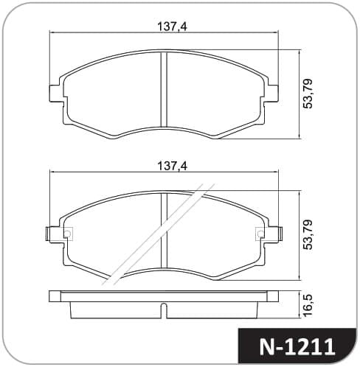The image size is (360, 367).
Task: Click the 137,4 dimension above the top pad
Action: tap(172, 27)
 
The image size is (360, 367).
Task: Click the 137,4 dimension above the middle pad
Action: tap(172, 166)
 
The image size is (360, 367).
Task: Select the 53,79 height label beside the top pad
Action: tap(308, 94)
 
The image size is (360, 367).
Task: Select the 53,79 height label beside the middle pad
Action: tap(308, 234)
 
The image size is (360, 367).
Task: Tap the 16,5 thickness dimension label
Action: tap(308, 305)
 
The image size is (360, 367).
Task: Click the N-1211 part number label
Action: tap(297, 347)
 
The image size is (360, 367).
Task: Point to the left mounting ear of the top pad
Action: tap(55, 94)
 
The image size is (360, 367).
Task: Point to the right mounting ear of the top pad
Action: tap(273, 94)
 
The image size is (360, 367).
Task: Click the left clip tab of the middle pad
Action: tap(49, 234)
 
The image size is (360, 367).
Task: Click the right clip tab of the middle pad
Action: tap(280, 234)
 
